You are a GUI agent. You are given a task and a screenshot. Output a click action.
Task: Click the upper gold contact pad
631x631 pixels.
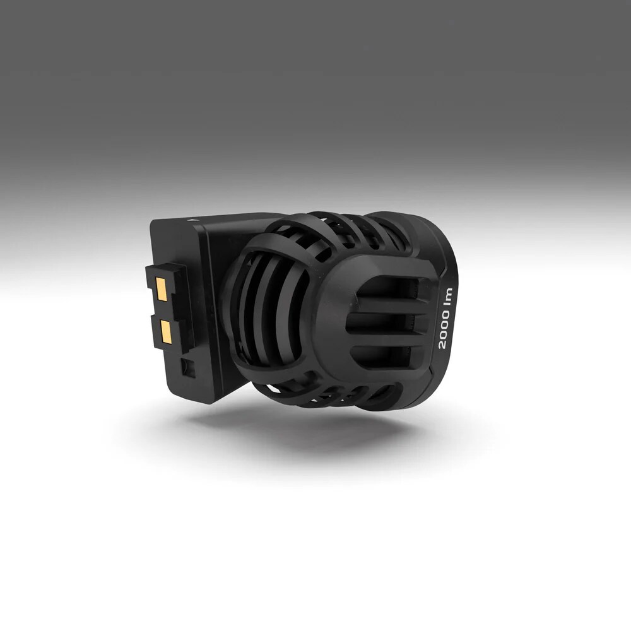coord(162,290)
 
